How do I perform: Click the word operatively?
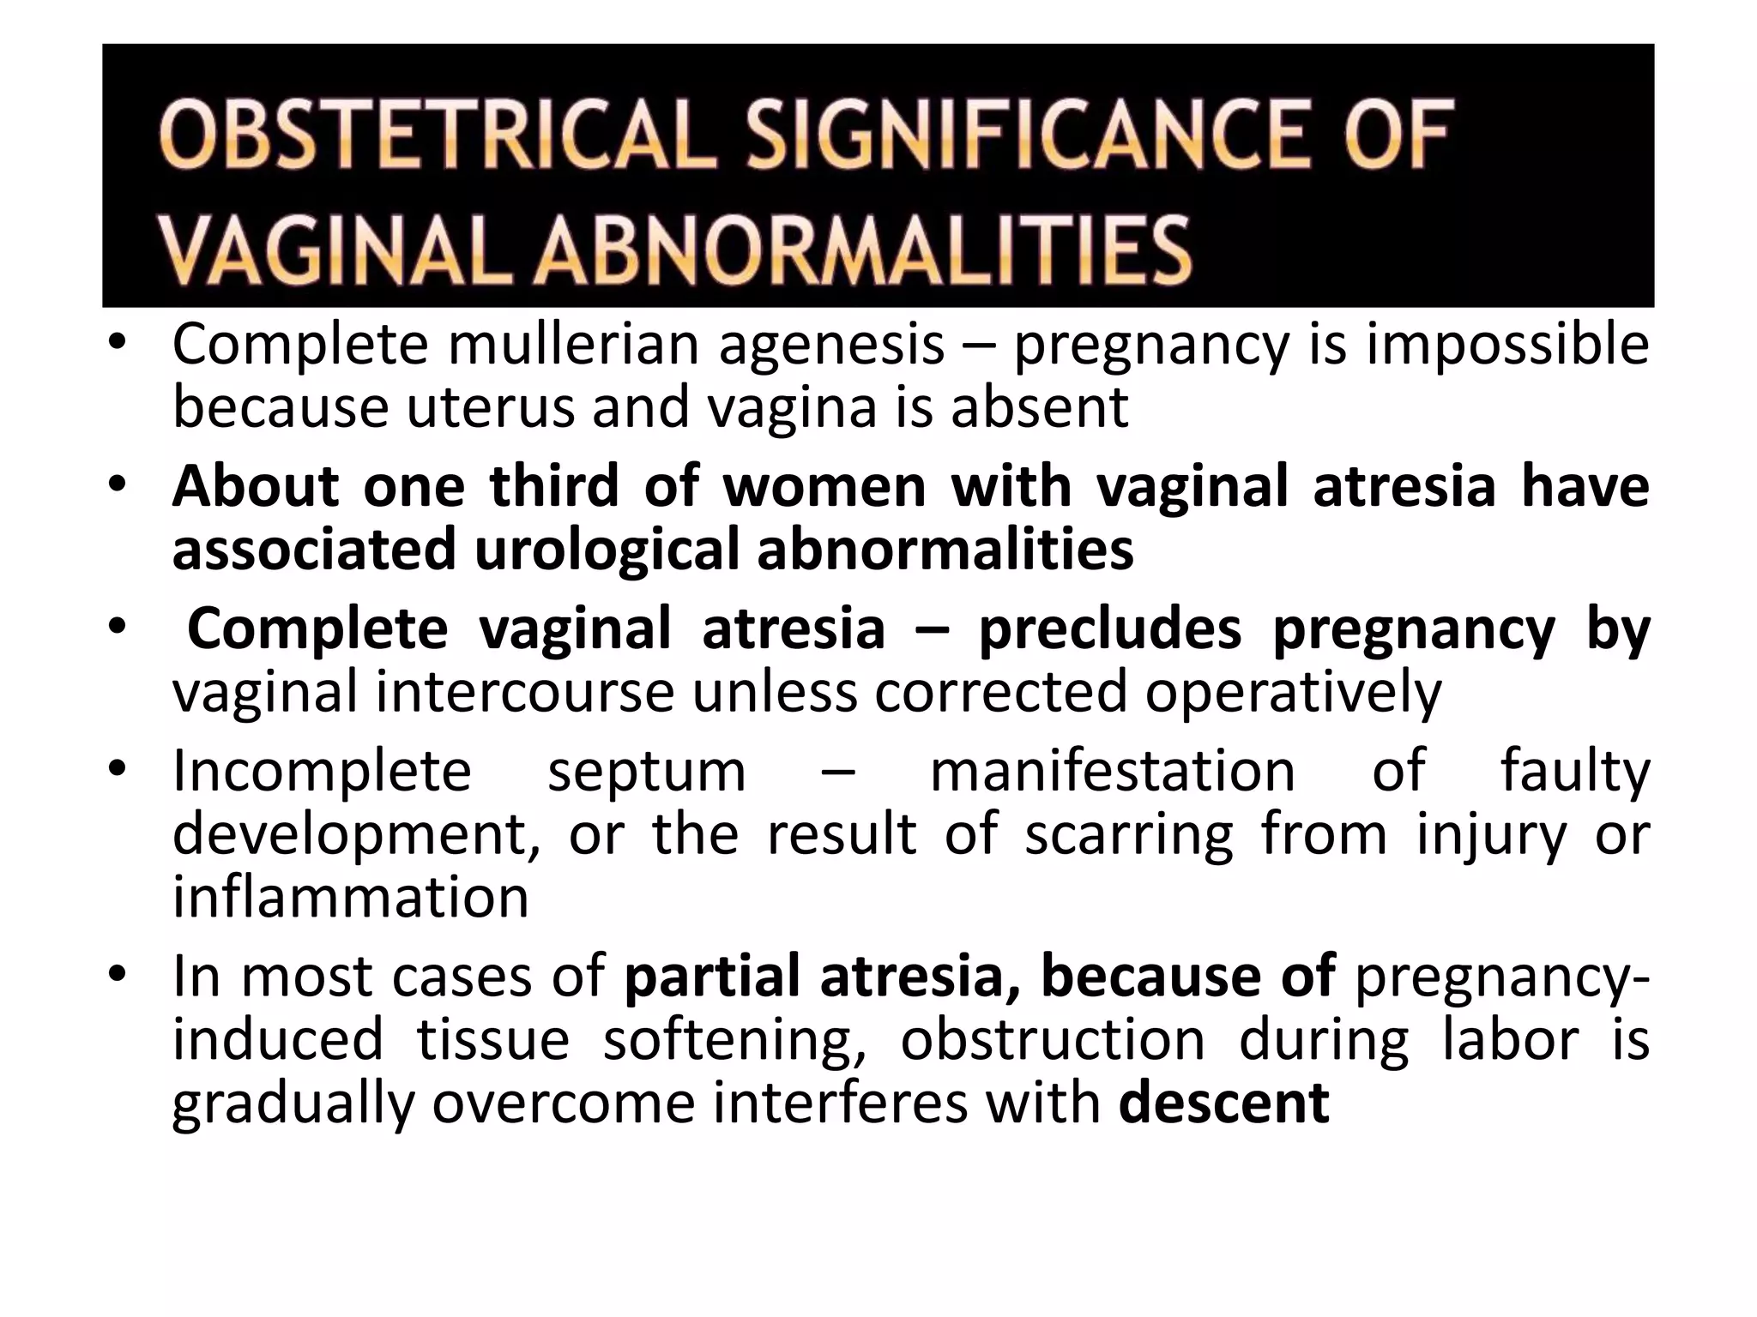tap(1293, 693)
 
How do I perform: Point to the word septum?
tap(647, 771)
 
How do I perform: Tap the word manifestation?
tap(1113, 771)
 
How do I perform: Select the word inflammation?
tap(350, 897)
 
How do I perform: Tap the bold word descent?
tap(1224, 1104)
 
